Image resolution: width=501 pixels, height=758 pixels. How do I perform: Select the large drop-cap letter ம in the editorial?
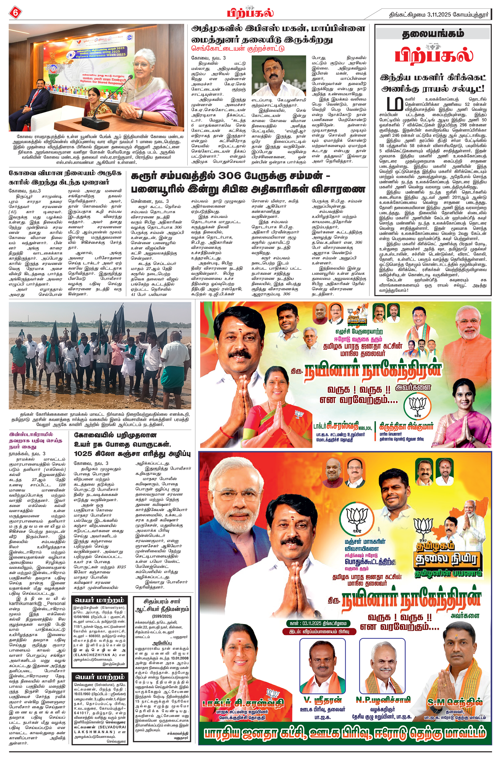click(395, 104)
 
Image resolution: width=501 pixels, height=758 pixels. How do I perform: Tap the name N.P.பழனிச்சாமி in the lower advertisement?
click(383, 699)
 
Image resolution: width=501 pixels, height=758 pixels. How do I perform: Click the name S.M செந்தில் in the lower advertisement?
click(455, 702)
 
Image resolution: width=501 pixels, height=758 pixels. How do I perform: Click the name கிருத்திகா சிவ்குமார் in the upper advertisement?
click(406, 426)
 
